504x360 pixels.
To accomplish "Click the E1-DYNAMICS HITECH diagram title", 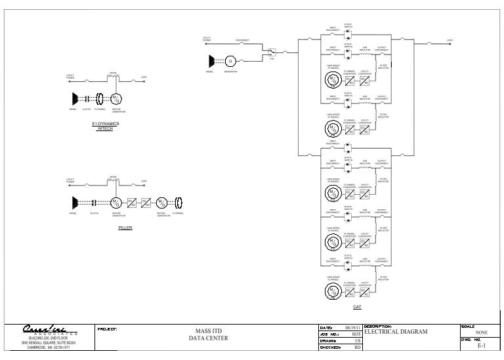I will pos(105,126).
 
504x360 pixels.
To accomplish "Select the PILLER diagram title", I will pos(125,228).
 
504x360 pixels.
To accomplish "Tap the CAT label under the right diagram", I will pos(357,306).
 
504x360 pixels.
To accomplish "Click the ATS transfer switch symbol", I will pos(272,52).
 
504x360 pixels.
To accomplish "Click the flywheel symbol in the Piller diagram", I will pos(178,202).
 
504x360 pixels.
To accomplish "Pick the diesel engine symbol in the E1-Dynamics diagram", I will pos(75,98).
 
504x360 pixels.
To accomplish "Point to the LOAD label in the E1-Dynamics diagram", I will pos(144,77).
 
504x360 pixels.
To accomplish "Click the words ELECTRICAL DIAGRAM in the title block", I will pos(395,332).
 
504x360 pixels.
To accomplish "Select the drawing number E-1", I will pos(481,346).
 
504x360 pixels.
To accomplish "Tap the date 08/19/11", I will pos(353,326).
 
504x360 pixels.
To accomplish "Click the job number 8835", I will pos(356,333).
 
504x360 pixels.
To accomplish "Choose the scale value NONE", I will pos(481,332).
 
